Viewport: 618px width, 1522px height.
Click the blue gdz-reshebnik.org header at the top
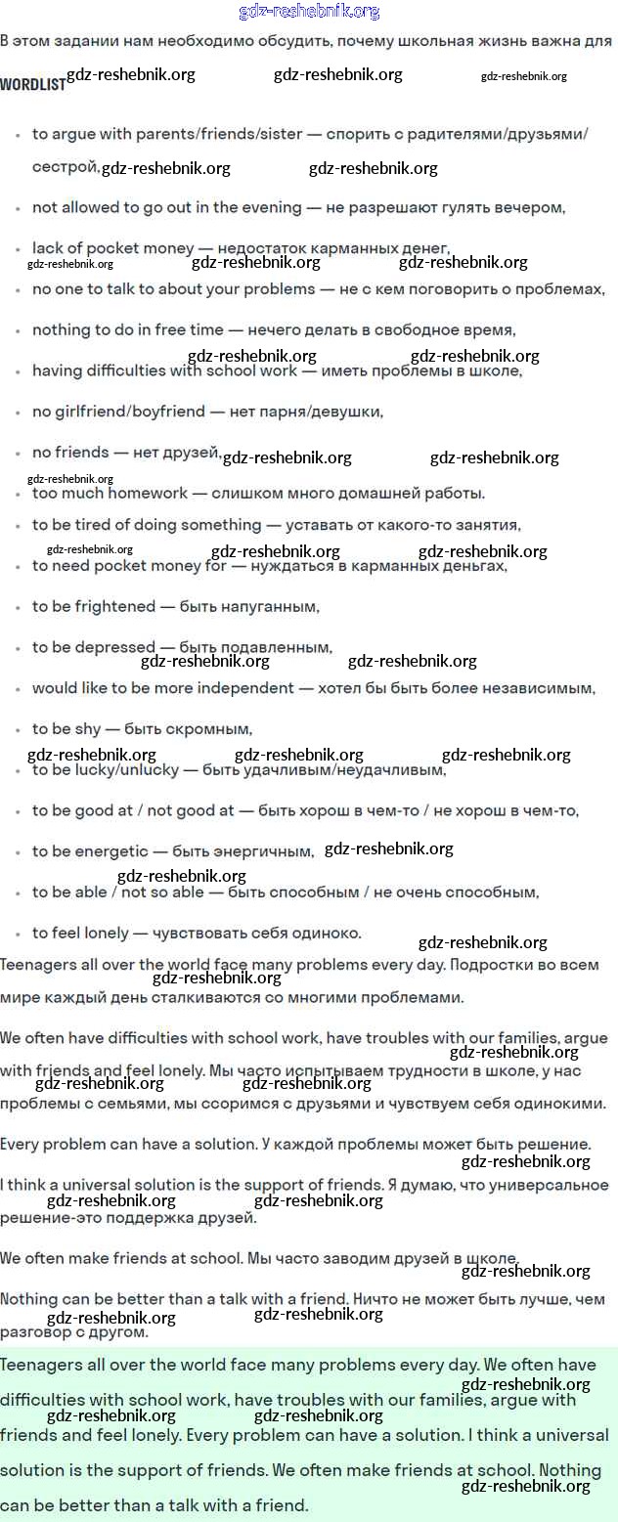[309, 12]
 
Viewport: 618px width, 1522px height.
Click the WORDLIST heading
[32, 84]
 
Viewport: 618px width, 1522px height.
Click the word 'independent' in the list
[243, 688]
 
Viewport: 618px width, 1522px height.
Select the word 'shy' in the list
[88, 729]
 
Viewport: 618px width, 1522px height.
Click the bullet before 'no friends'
[19, 454]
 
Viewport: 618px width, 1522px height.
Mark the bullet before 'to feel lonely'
[19, 935]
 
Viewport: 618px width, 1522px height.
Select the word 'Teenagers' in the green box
[40, 1365]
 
